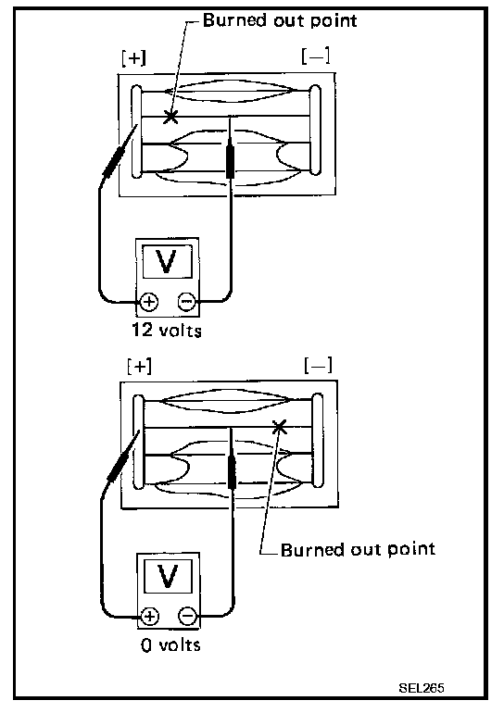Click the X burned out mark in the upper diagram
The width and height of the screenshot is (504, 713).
click(170, 117)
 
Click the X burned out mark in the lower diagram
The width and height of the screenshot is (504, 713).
click(279, 427)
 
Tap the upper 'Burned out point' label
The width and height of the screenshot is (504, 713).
click(280, 21)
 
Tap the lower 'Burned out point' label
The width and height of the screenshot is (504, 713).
click(358, 549)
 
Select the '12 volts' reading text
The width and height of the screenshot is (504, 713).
click(167, 331)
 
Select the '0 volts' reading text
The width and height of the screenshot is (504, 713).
click(170, 644)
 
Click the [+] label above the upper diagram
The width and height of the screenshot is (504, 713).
click(133, 58)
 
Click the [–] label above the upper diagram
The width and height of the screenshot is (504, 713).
click(316, 56)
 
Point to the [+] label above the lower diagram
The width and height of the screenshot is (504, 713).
click(139, 366)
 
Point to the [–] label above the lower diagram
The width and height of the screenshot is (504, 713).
click(319, 365)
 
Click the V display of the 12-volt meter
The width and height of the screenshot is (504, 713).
click(167, 261)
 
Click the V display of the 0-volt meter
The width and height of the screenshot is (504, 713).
click(169, 576)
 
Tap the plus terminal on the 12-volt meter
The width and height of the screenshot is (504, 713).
click(149, 302)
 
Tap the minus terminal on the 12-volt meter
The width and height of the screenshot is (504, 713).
click(187, 301)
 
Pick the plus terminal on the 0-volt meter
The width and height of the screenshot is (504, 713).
click(150, 616)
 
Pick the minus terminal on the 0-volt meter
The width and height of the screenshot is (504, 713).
click(187, 616)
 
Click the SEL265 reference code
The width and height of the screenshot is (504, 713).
click(422, 687)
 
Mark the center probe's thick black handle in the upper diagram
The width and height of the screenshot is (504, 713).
click(230, 161)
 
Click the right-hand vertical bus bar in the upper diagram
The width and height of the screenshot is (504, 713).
click(315, 130)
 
